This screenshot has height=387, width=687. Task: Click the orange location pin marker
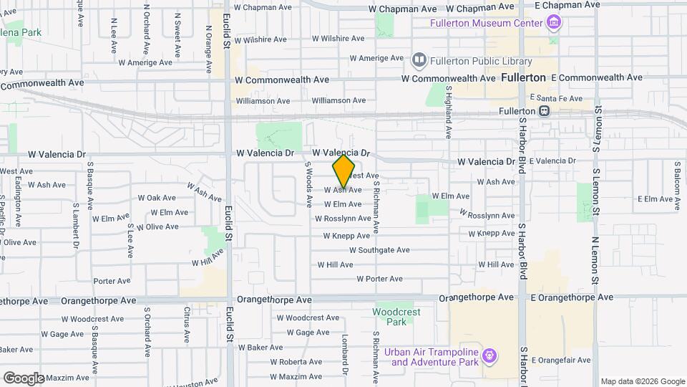(344, 171)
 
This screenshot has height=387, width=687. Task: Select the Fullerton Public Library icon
(419, 59)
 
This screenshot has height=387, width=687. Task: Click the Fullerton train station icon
(545, 111)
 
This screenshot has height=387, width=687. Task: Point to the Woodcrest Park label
(397, 317)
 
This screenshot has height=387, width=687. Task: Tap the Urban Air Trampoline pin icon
(489, 355)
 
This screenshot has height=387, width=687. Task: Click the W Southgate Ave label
(379, 250)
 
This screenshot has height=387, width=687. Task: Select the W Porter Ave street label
(379, 279)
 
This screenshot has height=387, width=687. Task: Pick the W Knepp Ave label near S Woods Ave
(346, 235)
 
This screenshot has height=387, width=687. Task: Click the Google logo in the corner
(24, 378)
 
